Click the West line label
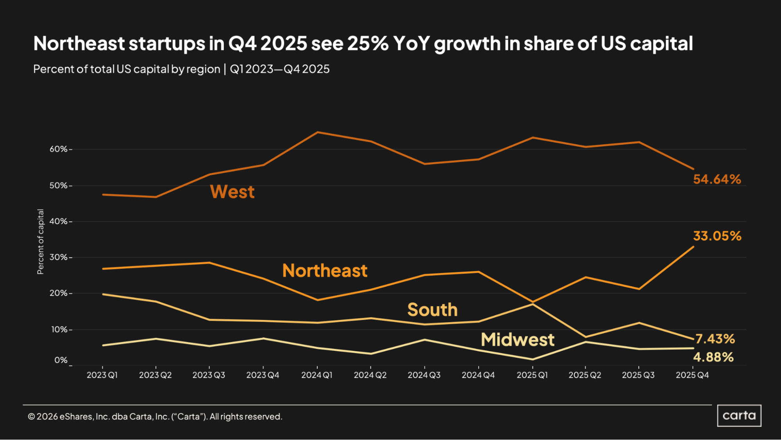coord(232,192)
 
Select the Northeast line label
coord(325,271)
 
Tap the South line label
coord(432,310)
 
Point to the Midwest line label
coord(517,339)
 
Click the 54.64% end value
coord(717,179)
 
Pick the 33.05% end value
coord(717,236)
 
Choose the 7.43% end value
coord(715,339)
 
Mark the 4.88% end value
coord(713,357)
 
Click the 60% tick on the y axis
coord(59,149)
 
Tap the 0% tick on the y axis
coord(61,360)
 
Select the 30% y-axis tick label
coord(59,257)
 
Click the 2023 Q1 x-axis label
coord(102,375)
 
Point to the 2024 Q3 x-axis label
coord(424,375)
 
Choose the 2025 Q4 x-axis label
coord(692,375)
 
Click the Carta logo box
coord(739,415)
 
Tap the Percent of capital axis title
coord(40,242)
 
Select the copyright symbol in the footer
coord(31,417)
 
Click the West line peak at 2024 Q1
coord(317,132)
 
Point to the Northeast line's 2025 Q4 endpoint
coord(693,247)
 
